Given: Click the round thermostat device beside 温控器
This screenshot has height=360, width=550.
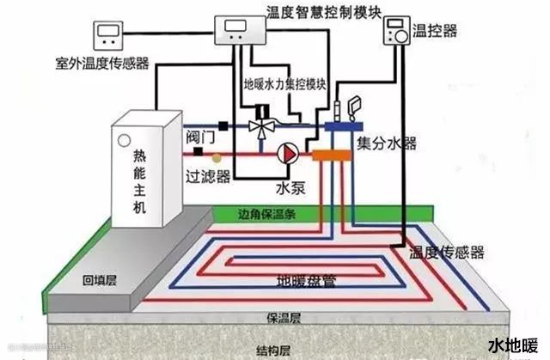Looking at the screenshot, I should coord(396,33).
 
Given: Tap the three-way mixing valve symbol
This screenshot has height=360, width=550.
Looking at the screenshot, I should coord(259,125).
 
